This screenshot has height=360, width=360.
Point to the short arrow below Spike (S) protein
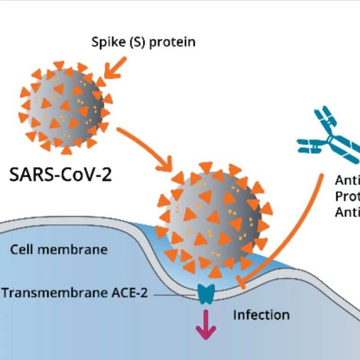pyautogui.click(x=115, y=67)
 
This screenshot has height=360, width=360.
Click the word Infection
pyautogui.click(x=261, y=314)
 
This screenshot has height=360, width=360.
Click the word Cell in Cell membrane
pyautogui.click(x=21, y=249)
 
